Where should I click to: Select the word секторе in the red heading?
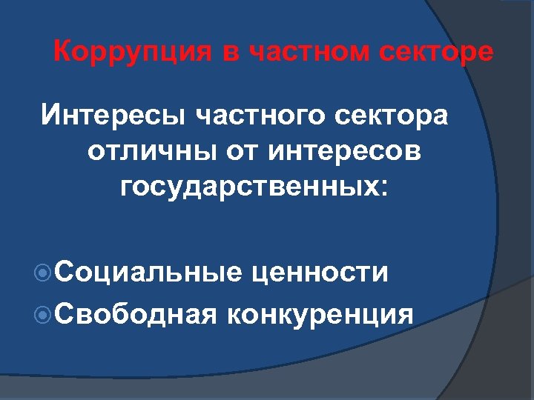tap(438, 53)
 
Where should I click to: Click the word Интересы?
tap(113, 116)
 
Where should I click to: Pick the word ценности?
tap(320, 273)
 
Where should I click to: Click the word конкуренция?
tap(321, 314)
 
